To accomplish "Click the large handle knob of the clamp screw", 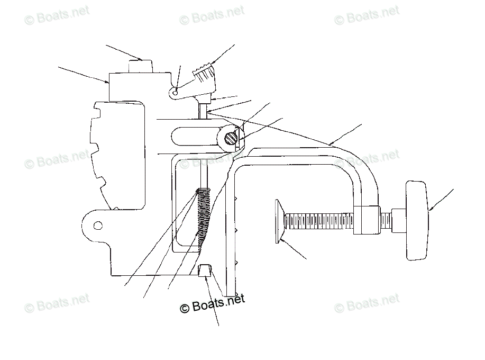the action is pyautogui.click(x=417, y=220).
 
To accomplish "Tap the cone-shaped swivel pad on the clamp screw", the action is pyautogui.click(x=279, y=221).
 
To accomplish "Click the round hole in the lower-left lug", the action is pyautogui.click(x=97, y=226).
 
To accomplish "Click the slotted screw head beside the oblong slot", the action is pyautogui.click(x=231, y=138).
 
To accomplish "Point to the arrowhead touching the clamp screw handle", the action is pyautogui.click(x=429, y=210).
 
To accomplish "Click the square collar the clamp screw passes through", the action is pyautogui.click(x=368, y=219).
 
